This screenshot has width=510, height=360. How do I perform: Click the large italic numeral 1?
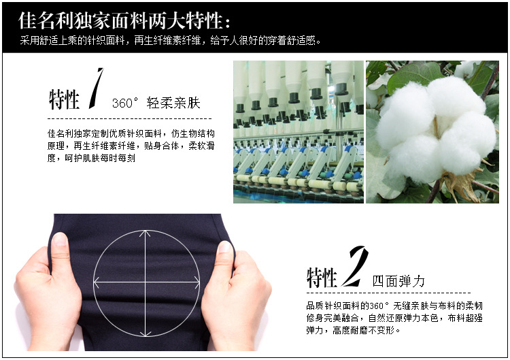(96, 88)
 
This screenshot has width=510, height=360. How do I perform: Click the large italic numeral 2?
(354, 266)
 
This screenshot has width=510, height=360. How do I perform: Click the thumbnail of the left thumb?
(60, 240)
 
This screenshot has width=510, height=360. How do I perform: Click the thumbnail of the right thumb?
(224, 247)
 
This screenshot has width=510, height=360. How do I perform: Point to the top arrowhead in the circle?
(145, 233)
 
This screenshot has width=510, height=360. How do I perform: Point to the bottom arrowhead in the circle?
(145, 333)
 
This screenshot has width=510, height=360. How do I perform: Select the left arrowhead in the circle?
(97, 282)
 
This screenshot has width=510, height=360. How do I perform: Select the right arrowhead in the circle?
(197, 282)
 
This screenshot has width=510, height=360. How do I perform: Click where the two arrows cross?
(145, 282)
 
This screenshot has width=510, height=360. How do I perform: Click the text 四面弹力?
(398, 281)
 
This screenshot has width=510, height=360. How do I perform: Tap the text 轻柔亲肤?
(173, 103)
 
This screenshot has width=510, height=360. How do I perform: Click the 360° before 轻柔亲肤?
(125, 103)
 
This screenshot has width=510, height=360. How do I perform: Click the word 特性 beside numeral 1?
(64, 99)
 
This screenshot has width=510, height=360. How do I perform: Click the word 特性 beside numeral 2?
(322, 278)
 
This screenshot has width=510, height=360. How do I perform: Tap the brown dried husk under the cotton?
(462, 185)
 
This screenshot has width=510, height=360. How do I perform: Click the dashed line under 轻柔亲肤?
(129, 119)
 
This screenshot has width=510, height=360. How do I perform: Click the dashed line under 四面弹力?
(389, 293)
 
